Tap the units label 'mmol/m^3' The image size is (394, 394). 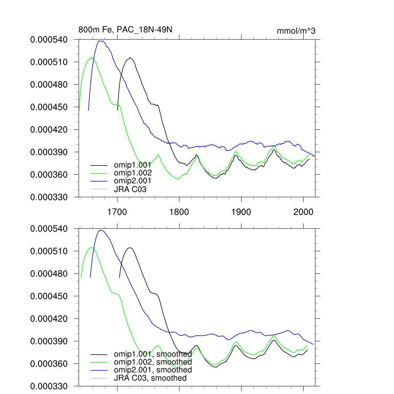296,31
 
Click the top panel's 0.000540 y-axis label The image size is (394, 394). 49,39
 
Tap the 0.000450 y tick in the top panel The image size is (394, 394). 49,107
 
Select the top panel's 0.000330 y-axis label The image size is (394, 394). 49,197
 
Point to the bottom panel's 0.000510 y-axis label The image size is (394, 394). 49,251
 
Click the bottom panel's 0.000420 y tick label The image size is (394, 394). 49,319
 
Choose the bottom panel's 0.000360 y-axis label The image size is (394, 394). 49,364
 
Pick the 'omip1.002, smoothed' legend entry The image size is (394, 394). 153,362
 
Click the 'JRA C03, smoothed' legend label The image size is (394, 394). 150,378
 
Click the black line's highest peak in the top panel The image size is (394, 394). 130,58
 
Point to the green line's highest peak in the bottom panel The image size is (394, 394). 92,247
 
